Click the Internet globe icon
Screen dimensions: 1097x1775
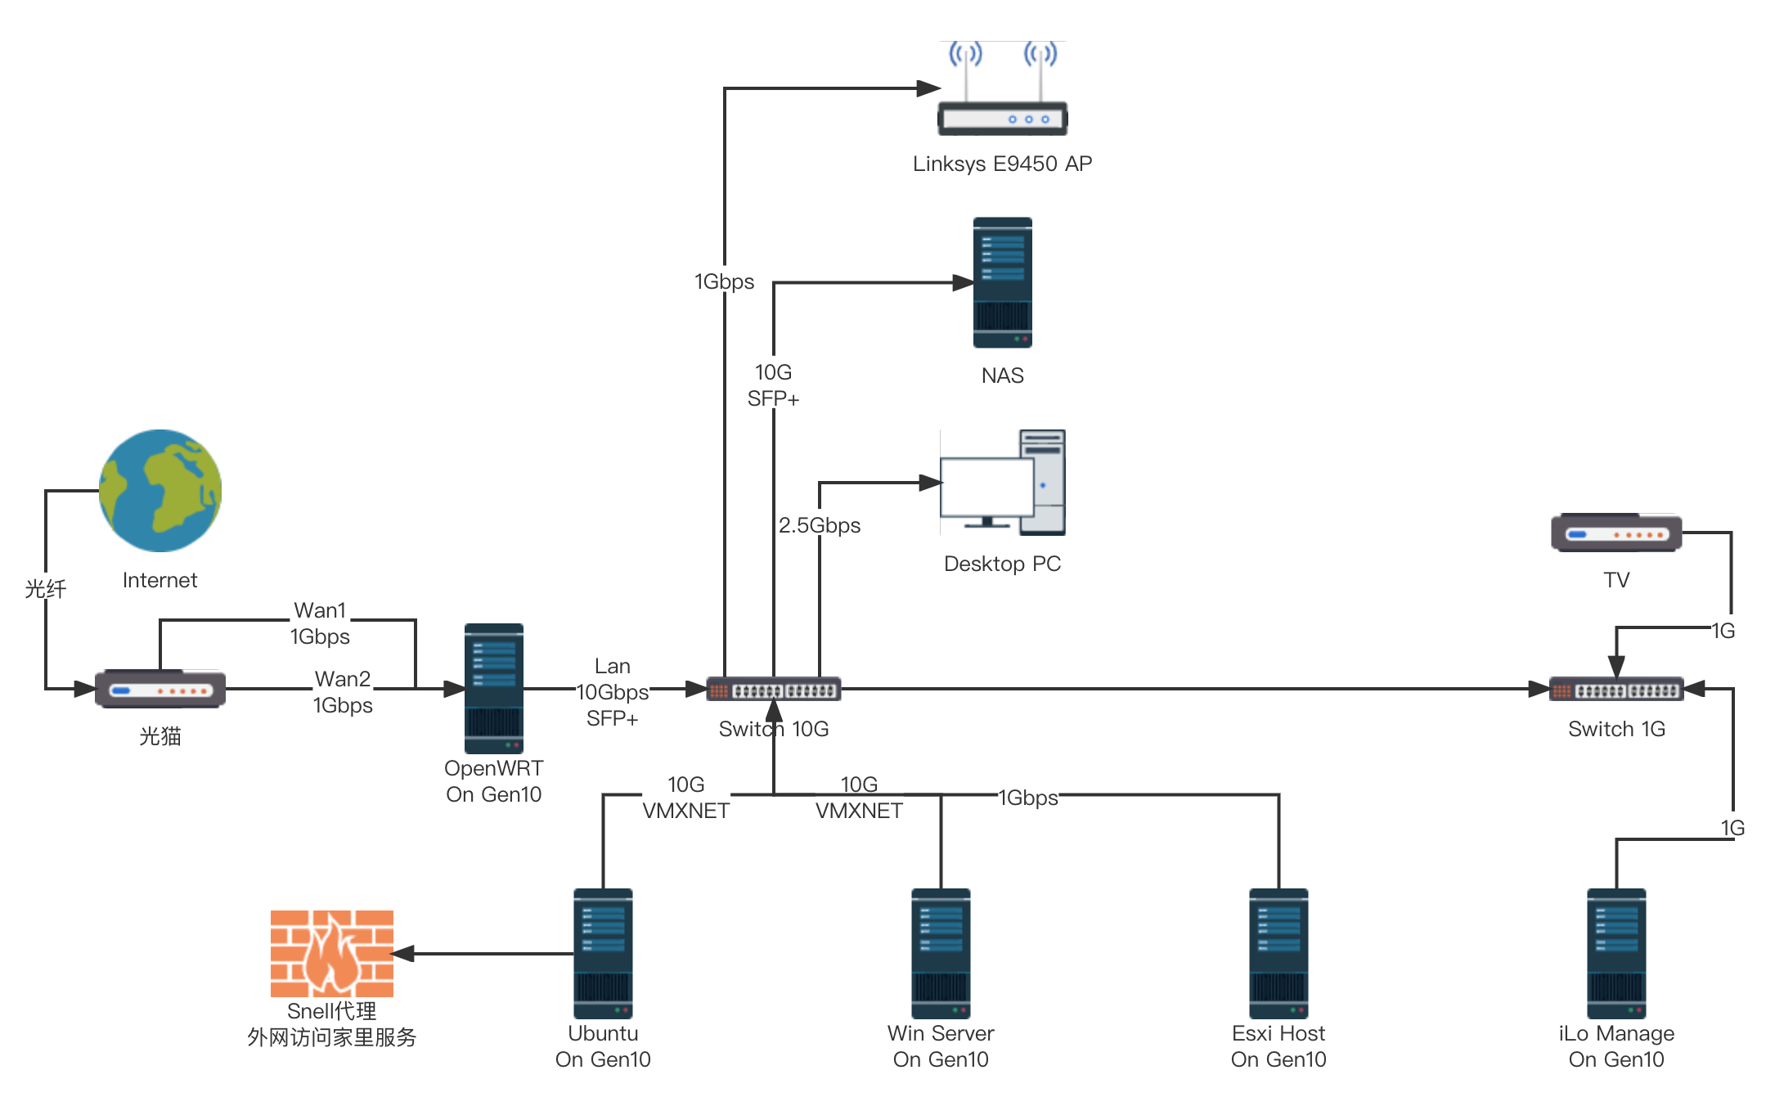click(x=160, y=491)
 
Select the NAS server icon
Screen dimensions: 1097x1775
click(x=1002, y=282)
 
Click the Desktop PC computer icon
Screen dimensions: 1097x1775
click(x=1002, y=483)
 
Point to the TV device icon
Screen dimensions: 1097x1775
click(x=1616, y=533)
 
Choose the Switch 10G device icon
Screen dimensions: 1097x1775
click(x=774, y=690)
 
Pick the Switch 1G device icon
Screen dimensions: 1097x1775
click(x=1616, y=690)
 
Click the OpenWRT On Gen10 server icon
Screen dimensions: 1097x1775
click(x=494, y=688)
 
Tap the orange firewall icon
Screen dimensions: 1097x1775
click(x=332, y=953)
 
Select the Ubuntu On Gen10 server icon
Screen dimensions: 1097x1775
click(x=603, y=953)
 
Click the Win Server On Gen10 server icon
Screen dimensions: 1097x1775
click(x=941, y=953)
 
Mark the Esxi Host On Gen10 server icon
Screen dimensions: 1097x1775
click(x=1278, y=953)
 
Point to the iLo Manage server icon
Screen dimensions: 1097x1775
click(x=1616, y=953)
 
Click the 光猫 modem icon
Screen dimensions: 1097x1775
click(x=160, y=690)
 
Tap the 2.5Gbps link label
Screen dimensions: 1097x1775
click(x=820, y=525)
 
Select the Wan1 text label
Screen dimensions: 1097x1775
click(x=320, y=610)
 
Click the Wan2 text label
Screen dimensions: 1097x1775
click(x=343, y=679)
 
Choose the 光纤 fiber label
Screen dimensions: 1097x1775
click(x=46, y=588)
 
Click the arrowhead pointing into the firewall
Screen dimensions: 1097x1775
click(x=402, y=953)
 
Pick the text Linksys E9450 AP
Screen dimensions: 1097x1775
click(x=1002, y=164)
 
